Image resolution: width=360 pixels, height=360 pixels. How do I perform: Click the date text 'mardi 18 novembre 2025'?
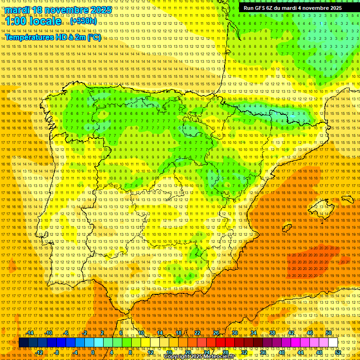(59, 10)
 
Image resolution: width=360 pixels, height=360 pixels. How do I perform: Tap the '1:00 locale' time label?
(33, 22)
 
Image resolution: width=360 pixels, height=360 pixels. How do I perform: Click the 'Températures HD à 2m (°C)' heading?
(53, 37)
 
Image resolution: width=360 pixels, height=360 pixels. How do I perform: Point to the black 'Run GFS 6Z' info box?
(292, 8)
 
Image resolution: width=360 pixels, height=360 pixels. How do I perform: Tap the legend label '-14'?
(30, 333)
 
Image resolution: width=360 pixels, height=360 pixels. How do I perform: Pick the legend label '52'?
(337, 352)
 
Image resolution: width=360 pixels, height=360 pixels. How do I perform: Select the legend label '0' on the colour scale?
(93, 352)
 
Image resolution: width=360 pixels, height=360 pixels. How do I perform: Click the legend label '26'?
(216, 333)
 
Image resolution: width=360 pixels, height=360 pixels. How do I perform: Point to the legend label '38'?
(272, 333)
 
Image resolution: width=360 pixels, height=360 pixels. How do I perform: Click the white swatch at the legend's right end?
(333, 342)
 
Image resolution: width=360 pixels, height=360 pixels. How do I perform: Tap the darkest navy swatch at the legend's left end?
(23, 342)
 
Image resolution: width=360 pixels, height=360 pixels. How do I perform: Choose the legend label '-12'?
(39, 352)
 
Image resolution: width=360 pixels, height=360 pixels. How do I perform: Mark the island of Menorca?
(347, 199)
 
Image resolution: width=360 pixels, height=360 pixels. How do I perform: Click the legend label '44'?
(300, 352)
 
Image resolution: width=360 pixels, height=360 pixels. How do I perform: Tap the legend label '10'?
(141, 333)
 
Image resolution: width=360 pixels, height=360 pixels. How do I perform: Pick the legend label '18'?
(179, 333)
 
